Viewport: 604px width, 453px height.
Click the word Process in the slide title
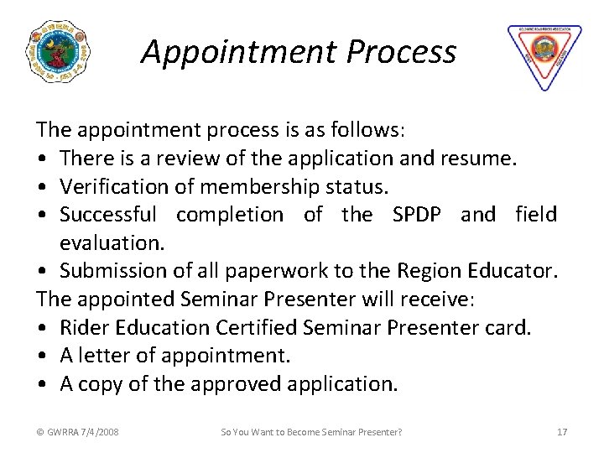pos(401,52)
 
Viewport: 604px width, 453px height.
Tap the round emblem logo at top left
pos(58,52)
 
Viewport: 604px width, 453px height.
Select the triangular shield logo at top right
pos(544,55)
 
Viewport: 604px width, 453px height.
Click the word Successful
pos(108,215)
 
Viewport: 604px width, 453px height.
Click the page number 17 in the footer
pos(562,432)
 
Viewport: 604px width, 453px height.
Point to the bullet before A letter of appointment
pos(42,356)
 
